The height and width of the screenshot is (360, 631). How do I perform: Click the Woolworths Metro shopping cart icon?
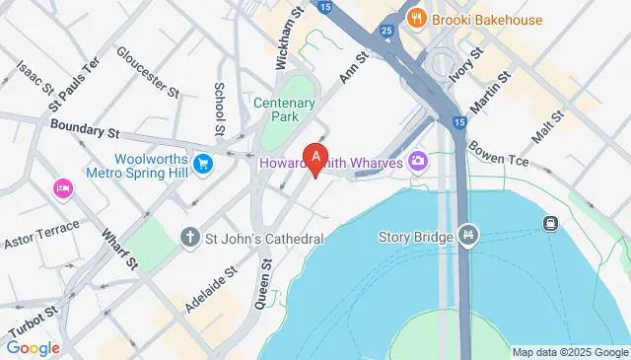coord(204,162)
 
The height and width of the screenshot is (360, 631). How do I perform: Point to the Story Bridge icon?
coord(468,237)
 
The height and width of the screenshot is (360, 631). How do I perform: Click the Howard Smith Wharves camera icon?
coord(418,160)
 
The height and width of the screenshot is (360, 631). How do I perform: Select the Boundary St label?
coord(84,128)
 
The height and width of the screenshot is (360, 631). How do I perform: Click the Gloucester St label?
coord(147,72)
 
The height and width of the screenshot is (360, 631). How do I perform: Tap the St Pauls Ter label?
coord(75,82)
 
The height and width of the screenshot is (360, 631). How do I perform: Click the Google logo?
coord(33,347)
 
